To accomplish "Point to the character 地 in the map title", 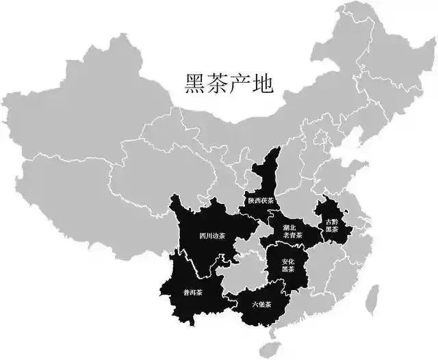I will [263, 84].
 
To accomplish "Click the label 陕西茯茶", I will [261, 201].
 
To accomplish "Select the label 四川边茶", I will [212, 237].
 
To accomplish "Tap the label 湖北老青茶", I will [287, 232].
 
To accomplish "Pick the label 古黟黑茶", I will [331, 225].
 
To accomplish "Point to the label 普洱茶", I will [192, 292].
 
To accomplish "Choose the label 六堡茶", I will [261, 304].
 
